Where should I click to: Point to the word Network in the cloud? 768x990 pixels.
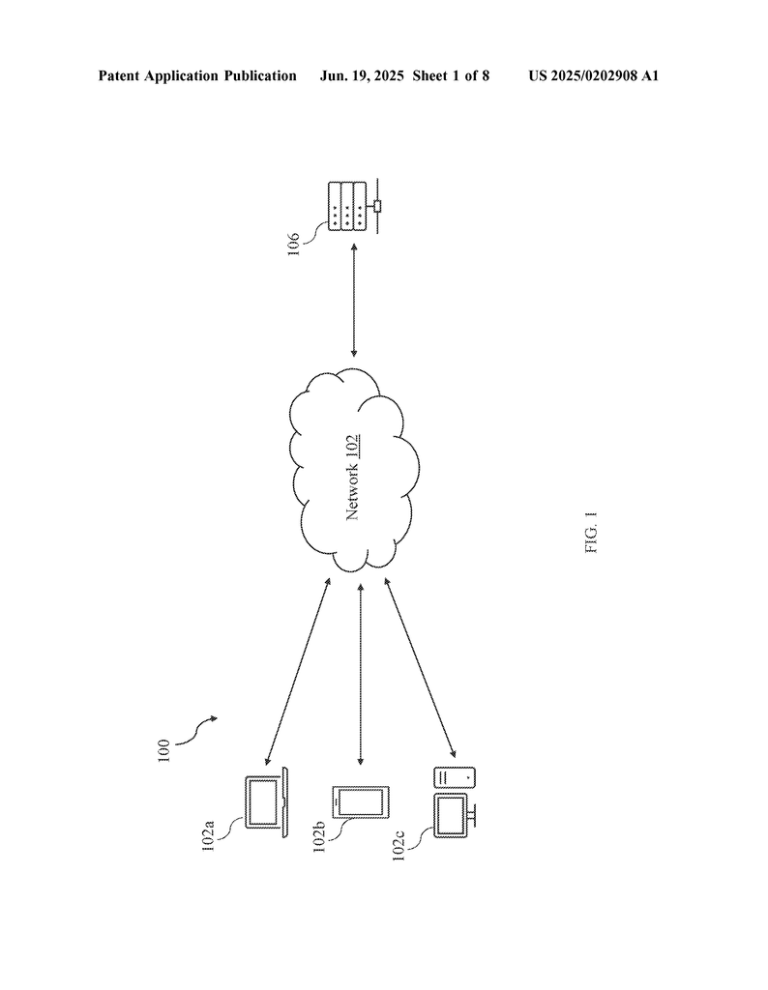point(353,492)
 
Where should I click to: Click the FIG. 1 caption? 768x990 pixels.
point(591,534)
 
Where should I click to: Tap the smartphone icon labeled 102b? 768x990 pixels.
point(361,801)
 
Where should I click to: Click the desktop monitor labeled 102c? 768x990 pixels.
point(455,815)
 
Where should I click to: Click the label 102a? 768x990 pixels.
point(208,835)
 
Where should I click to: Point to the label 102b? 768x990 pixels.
point(319,837)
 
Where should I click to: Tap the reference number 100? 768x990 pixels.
point(162,750)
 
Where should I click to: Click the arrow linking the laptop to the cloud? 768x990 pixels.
point(298,671)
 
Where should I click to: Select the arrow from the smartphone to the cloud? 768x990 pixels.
point(361,674)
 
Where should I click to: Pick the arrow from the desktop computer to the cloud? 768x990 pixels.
point(420,667)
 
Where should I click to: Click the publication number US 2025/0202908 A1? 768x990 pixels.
point(594,76)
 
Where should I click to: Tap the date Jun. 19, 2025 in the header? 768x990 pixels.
point(362,76)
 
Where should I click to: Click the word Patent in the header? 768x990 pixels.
point(119,76)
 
